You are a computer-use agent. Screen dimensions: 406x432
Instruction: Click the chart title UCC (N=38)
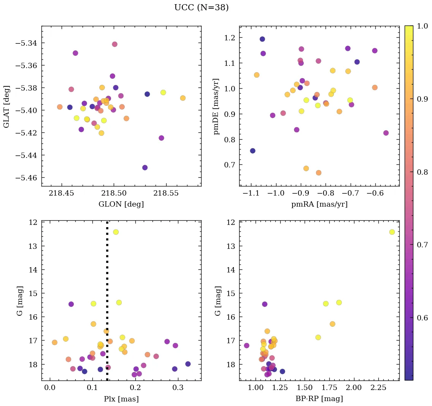click(202, 8)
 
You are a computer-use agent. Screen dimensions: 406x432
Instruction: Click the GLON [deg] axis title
click(121, 204)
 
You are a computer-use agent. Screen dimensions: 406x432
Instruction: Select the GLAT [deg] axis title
click(7, 106)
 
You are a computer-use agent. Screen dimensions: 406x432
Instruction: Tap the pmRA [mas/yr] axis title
click(319, 204)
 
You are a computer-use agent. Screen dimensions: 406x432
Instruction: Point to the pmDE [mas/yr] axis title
click(217, 106)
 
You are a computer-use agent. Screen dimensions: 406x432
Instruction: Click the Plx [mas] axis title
click(121, 399)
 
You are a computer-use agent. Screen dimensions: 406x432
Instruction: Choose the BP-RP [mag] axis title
click(319, 399)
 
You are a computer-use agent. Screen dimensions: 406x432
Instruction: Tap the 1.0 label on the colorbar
click(422, 26)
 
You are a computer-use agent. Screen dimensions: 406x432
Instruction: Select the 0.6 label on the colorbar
click(422, 318)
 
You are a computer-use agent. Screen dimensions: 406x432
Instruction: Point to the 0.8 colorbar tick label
click(422, 172)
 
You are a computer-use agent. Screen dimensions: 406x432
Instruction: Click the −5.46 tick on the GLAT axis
click(26, 178)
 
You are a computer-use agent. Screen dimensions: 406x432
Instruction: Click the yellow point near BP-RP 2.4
click(392, 232)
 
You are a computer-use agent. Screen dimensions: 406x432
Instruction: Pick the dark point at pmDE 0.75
click(253, 151)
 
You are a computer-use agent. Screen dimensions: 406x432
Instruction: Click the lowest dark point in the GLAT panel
click(145, 167)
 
